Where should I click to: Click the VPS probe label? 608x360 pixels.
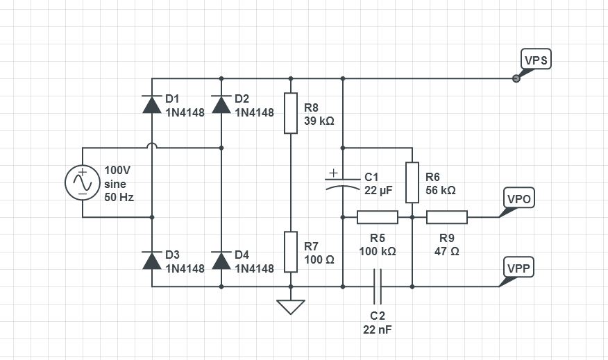click(536, 60)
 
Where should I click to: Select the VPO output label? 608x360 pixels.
click(518, 198)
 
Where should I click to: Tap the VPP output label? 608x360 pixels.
click(518, 268)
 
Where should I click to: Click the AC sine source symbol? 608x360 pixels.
click(83, 182)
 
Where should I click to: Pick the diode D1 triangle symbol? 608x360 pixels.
click(152, 104)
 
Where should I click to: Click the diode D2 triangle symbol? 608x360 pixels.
click(221, 104)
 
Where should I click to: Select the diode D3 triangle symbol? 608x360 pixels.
click(152, 260)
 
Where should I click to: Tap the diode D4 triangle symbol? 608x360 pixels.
click(221, 260)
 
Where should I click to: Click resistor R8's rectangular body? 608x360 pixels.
click(291, 113)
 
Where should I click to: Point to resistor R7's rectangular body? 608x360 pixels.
click(291, 252)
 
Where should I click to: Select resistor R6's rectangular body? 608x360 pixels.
click(412, 182)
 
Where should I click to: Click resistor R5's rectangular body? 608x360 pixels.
click(378, 217)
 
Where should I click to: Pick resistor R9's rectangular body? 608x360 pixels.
click(447, 217)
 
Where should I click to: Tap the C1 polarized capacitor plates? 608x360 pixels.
click(343, 182)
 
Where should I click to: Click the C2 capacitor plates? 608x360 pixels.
click(378, 286)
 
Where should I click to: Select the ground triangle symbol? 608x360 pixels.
click(291, 307)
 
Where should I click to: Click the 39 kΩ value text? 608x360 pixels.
click(319, 121)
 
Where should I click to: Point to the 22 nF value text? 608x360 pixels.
click(378, 329)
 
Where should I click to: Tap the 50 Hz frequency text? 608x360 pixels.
click(119, 197)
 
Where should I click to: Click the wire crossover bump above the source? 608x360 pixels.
click(152, 146)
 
